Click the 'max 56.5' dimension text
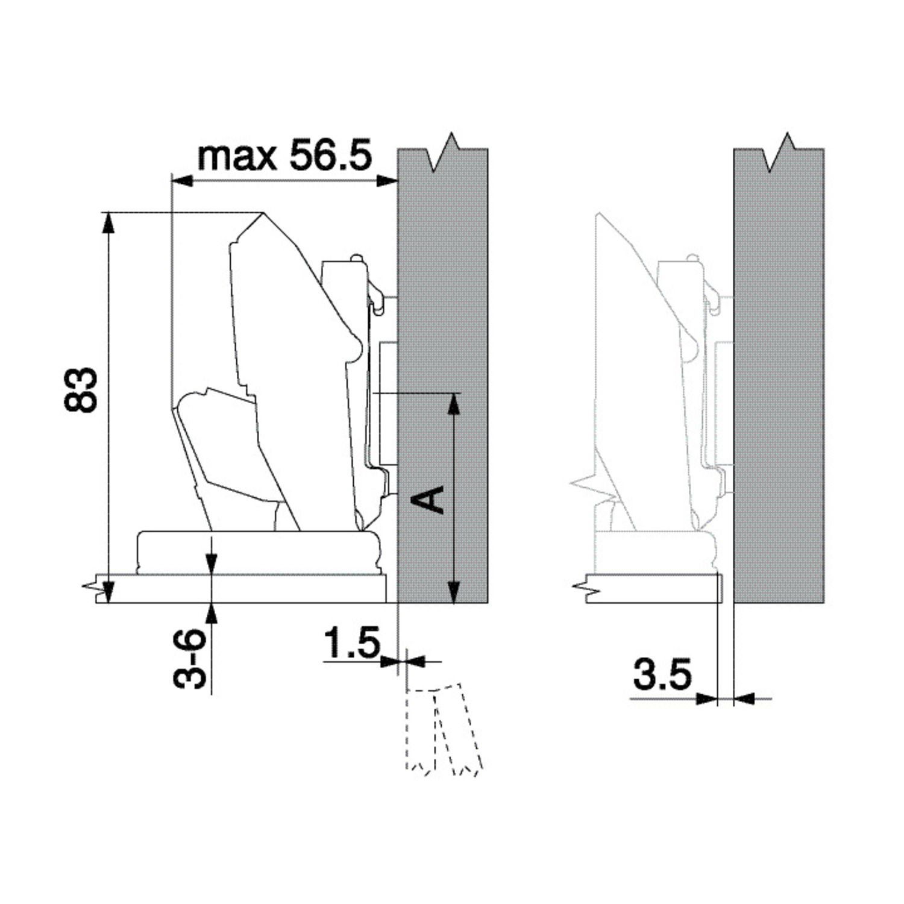pos(285,156)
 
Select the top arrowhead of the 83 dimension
pos(108,222)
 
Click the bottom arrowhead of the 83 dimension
pos(108,592)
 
